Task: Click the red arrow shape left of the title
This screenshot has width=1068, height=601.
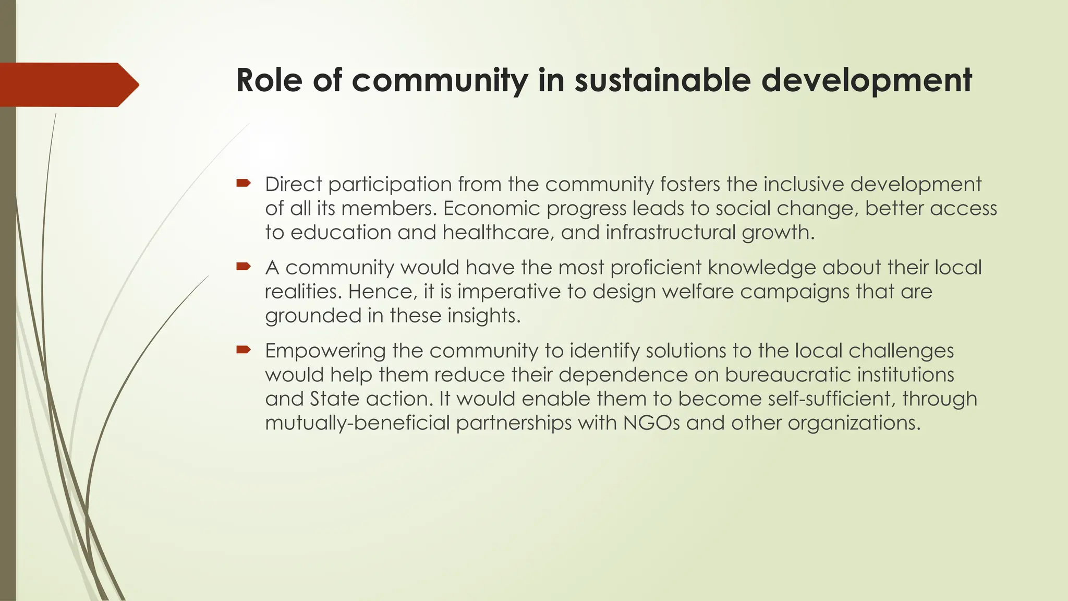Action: tap(68, 85)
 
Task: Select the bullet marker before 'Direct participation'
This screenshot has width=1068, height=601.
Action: tap(244, 183)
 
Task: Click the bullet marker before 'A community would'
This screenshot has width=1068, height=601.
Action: tap(244, 267)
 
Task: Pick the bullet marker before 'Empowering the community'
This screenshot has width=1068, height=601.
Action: tap(244, 350)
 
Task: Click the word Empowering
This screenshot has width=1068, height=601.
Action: tap(325, 351)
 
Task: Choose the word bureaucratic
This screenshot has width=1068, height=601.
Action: tap(787, 375)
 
